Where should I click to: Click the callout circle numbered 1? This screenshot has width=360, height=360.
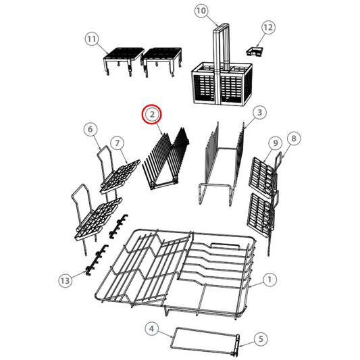pyautogui.click(x=269, y=280)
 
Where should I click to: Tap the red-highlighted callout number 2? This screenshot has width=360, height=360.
pyautogui.click(x=152, y=114)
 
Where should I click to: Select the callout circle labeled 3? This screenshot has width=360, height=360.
pyautogui.click(x=259, y=112)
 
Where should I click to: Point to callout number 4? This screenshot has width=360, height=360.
pyautogui.click(x=151, y=329)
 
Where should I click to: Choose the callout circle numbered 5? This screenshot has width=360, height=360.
pyautogui.click(x=261, y=339)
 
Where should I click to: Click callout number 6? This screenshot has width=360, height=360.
pyautogui.click(x=91, y=129)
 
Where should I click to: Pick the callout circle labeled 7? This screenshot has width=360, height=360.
pyautogui.click(x=118, y=143)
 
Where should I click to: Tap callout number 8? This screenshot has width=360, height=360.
pyautogui.click(x=294, y=138)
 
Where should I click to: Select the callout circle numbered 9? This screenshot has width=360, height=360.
pyautogui.click(x=276, y=143)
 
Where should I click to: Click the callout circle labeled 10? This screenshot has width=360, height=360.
pyautogui.click(x=201, y=11)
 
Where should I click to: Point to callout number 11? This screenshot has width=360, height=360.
pyautogui.click(x=92, y=38)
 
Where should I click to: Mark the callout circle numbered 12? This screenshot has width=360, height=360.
pyautogui.click(x=268, y=27)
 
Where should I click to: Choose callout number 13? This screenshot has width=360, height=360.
pyautogui.click(x=66, y=280)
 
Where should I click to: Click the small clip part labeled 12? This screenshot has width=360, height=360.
pyautogui.click(x=255, y=51)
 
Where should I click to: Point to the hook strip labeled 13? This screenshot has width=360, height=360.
pyautogui.click(x=96, y=259)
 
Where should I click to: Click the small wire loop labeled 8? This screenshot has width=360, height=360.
pyautogui.click(x=278, y=159)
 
